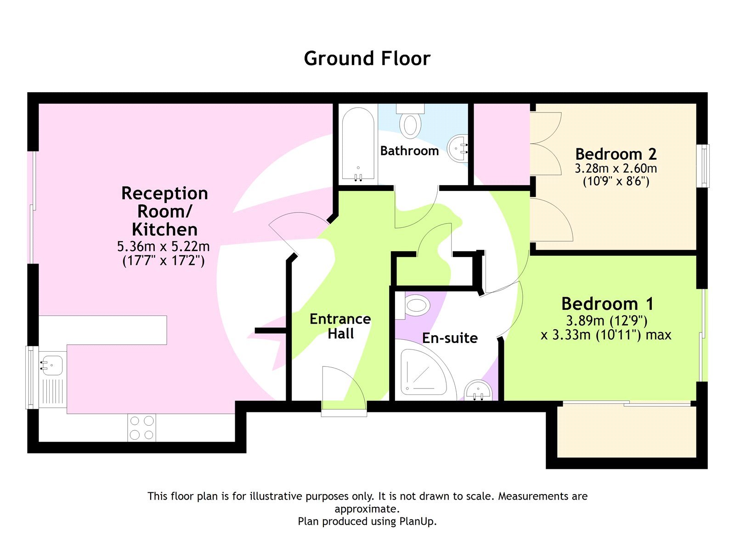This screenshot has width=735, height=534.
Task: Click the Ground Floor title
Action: (367, 59)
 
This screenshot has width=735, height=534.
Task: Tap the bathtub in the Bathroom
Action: (358, 145)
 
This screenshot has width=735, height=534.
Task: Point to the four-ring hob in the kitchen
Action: (141, 427)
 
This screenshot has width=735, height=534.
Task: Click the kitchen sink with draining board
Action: (52, 377)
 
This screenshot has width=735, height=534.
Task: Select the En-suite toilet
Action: (415, 306)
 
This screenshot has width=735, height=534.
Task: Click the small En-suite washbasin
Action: (478, 391)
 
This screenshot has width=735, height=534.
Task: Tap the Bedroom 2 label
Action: (616, 154)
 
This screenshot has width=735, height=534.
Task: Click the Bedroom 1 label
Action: (607, 304)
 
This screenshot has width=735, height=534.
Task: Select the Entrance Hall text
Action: (340, 326)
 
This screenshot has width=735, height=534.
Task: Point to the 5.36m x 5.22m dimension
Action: (164, 247)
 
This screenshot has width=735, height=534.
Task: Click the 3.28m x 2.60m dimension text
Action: (616, 169)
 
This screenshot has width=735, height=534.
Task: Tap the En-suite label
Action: (450, 338)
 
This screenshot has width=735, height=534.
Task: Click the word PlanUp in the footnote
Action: (417, 522)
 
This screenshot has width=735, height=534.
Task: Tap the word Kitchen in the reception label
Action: (164, 229)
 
